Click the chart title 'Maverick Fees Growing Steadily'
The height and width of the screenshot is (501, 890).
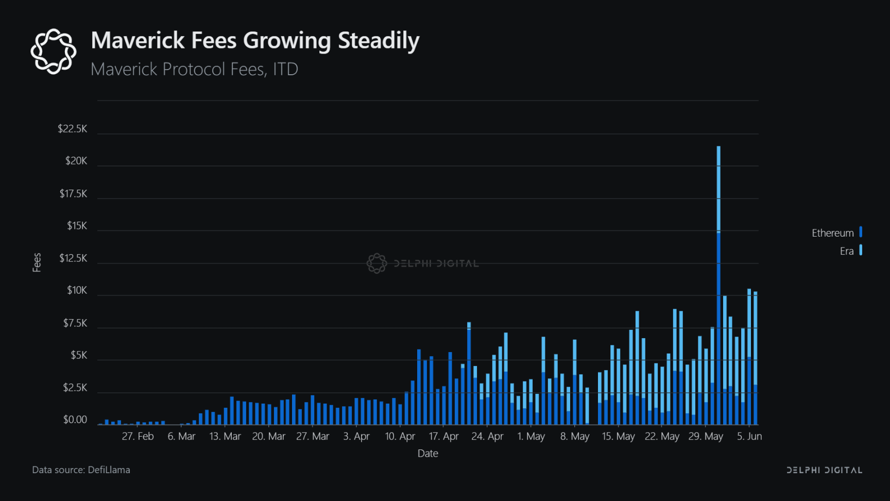(255, 40)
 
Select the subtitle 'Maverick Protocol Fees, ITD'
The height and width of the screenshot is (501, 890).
(194, 69)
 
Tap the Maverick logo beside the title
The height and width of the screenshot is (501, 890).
(53, 51)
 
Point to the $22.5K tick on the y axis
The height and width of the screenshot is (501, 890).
(73, 129)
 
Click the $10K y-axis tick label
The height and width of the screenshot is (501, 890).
(77, 291)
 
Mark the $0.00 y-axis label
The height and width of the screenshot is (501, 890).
(75, 420)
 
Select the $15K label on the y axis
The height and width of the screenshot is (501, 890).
(77, 226)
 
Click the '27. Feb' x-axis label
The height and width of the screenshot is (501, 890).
(138, 437)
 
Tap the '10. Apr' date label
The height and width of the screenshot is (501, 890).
(400, 437)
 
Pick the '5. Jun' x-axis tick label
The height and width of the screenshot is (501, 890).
(749, 437)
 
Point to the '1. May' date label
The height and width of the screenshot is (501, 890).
(531, 437)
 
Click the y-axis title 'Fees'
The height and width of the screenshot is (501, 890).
(37, 262)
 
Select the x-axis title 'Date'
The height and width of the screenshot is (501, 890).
(427, 454)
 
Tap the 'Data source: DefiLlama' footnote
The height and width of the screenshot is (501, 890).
(81, 470)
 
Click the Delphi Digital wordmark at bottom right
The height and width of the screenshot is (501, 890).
(824, 470)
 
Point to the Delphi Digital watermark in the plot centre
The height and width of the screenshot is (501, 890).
(423, 263)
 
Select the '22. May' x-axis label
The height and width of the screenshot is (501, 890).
(662, 437)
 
